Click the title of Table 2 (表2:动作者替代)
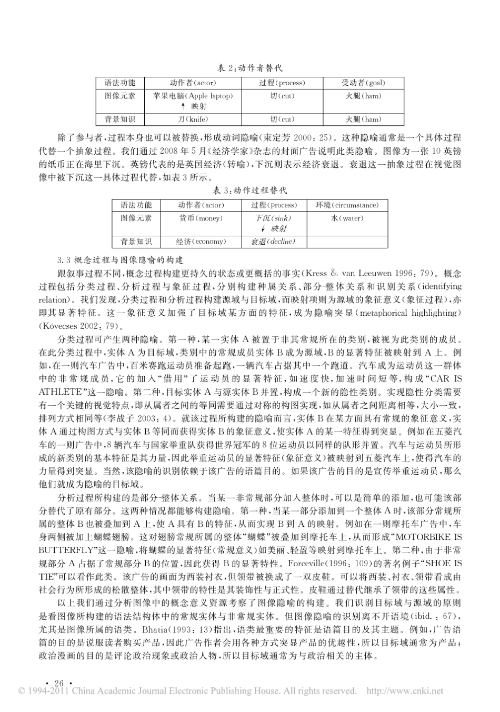point(250,68)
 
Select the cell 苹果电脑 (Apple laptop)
point(193,96)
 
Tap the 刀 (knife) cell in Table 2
point(193,119)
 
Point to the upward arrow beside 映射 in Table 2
point(183,106)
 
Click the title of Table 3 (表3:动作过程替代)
point(250,190)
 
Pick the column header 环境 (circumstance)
point(347,205)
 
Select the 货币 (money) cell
point(201,218)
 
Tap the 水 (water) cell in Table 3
point(347,218)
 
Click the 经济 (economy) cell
point(201,242)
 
